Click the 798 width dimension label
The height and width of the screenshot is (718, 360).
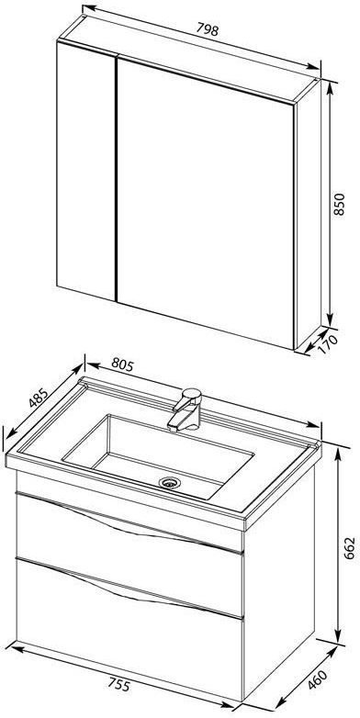tap(208, 29)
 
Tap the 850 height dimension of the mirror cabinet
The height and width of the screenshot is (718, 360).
tap(340, 204)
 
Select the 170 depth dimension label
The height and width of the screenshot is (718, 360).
tap(330, 344)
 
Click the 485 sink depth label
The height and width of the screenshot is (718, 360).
tap(38, 398)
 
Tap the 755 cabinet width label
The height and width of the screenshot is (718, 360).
tap(119, 685)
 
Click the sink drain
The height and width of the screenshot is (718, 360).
tap(169, 482)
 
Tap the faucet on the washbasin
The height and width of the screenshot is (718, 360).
tap(186, 409)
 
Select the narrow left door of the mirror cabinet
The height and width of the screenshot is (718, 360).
tap(86, 171)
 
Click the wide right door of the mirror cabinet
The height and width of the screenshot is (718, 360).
tap(205, 201)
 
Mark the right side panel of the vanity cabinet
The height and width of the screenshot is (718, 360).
tap(279, 581)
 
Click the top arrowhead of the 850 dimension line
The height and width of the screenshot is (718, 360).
tap(330, 84)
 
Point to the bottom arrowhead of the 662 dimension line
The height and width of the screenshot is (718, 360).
tap(339, 636)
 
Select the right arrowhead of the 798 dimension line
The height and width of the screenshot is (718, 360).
tap(314, 66)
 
